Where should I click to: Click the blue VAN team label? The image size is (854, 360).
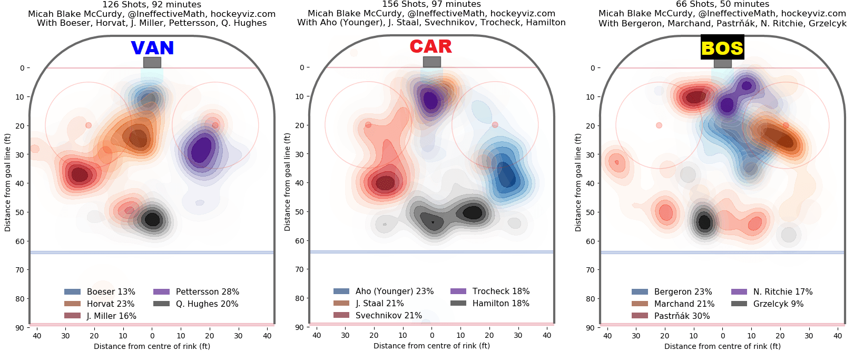pyautogui.click(x=152, y=48)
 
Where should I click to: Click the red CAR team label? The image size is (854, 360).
pyautogui.click(x=431, y=46)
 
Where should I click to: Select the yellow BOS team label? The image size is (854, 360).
pyautogui.click(x=722, y=47)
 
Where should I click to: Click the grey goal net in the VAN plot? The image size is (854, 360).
pyautogui.click(x=152, y=62)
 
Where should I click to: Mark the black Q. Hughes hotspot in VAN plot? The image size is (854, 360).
pyautogui.click(x=153, y=219)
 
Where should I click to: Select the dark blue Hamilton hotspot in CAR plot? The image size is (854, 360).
pyautogui.click(x=506, y=177)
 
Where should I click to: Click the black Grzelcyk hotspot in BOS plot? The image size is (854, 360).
pyautogui.click(x=704, y=221)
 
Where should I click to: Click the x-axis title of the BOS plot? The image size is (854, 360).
pyautogui.click(x=722, y=346)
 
